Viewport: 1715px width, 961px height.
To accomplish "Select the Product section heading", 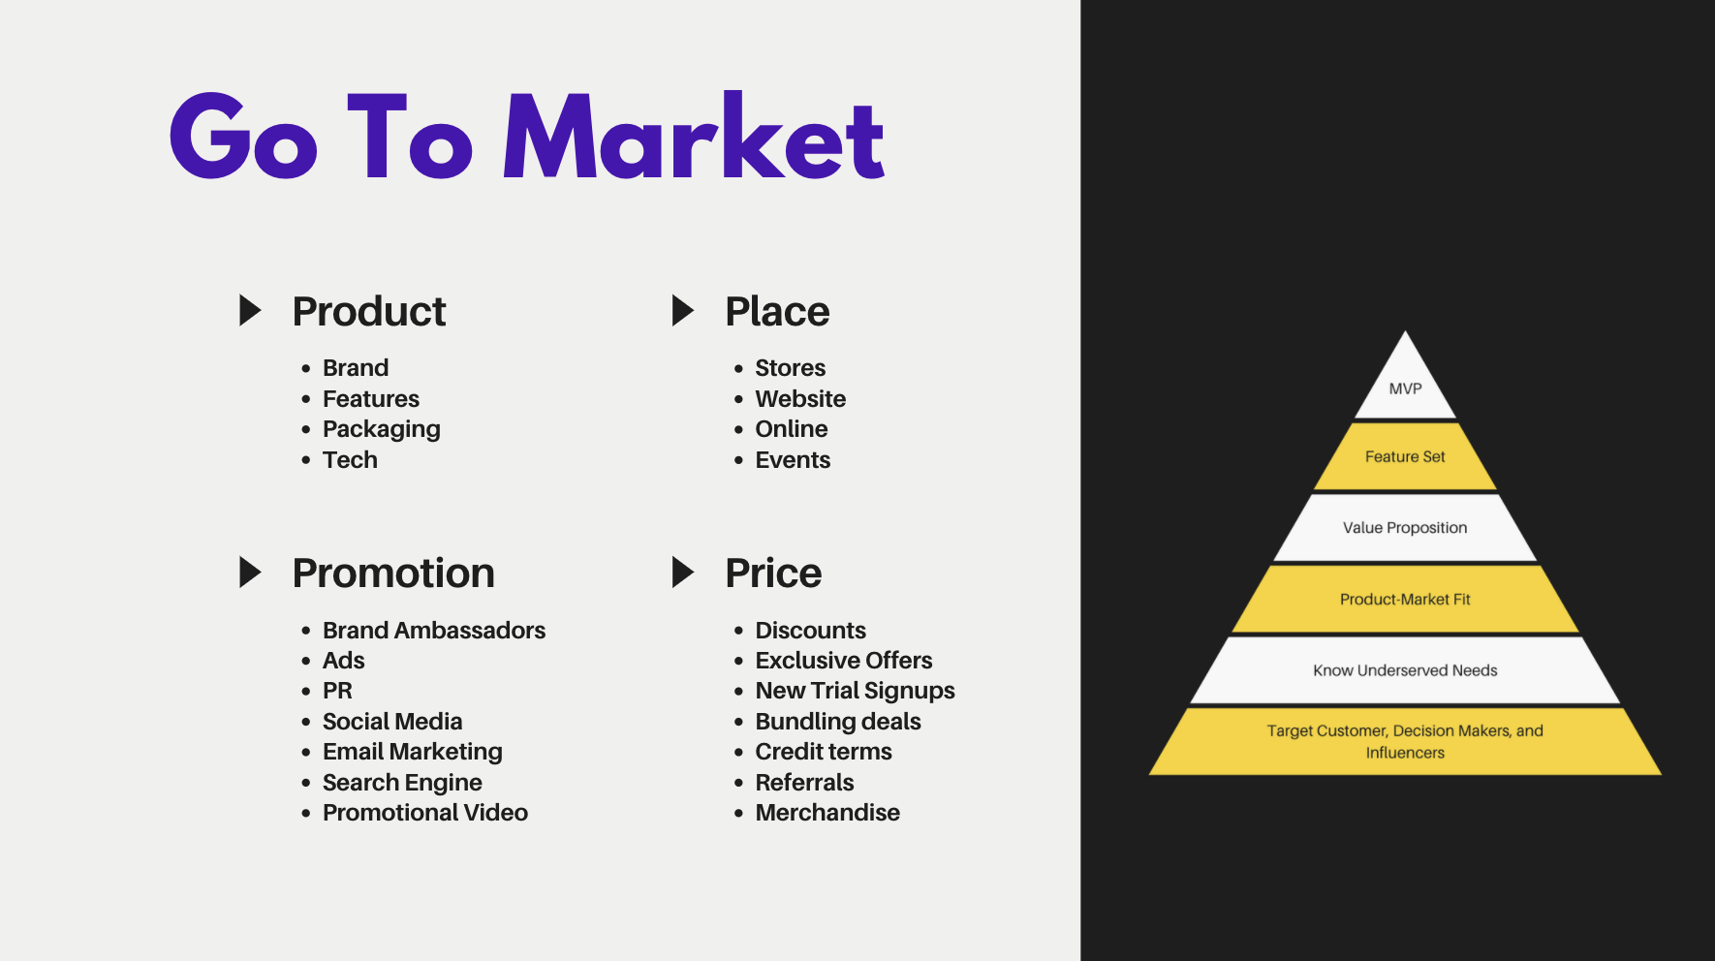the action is [x=369, y=312].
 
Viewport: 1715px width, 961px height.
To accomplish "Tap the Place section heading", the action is [x=777, y=312].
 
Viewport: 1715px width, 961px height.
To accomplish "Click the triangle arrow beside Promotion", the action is [x=251, y=573].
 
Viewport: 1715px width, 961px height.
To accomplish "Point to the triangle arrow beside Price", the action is [x=683, y=573].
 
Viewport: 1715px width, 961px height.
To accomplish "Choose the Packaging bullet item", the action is [x=382, y=429].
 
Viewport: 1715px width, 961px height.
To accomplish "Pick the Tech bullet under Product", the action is [x=350, y=460].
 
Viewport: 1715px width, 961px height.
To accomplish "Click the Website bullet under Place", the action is [x=800, y=399].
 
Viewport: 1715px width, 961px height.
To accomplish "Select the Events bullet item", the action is [x=793, y=460].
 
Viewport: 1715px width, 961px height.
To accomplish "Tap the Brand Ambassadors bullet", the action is [x=434, y=631].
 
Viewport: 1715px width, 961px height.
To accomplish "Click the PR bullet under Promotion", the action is [x=337, y=691].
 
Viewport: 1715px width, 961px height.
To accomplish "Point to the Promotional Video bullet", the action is [x=425, y=813].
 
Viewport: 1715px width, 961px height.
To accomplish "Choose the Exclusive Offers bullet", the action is [x=844, y=661].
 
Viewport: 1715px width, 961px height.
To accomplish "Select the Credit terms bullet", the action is [x=824, y=752].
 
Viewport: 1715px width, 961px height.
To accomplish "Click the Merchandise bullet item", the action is [x=827, y=813].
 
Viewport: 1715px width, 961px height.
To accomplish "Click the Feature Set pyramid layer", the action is [x=1405, y=456].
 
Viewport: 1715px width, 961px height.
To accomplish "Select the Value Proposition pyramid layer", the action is [x=1405, y=528].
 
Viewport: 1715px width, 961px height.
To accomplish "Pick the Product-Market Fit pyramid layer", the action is [x=1405, y=600].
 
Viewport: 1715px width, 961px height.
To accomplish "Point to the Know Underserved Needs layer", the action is [x=1405, y=670].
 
